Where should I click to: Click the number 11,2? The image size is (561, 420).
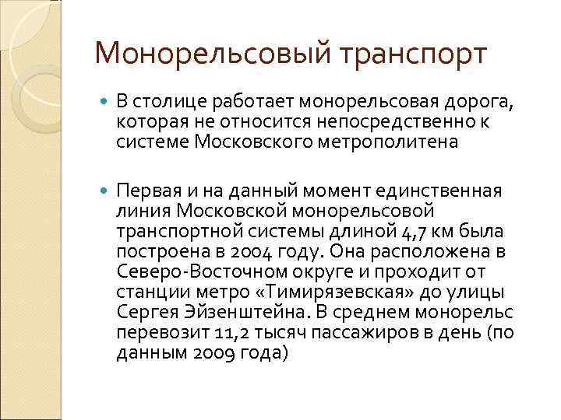[x=213, y=331]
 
